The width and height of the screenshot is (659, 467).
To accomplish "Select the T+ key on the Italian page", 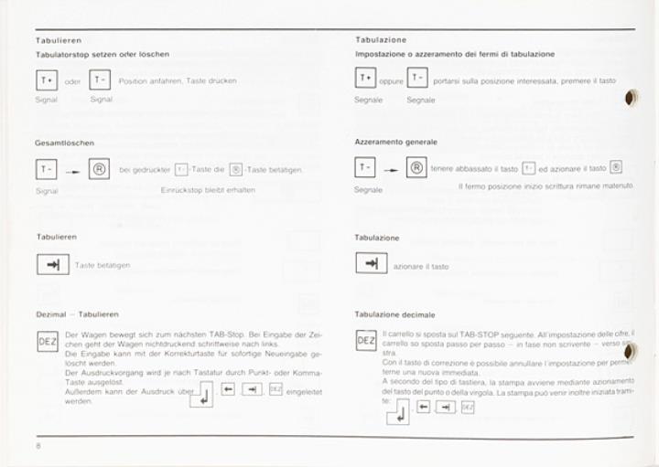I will coord(366,79).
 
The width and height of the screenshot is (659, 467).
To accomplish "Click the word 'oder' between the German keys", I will coord(73,81).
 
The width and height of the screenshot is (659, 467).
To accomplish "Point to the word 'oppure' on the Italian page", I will coord(392,81).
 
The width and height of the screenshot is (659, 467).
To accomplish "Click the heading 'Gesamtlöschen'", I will coord(64,143).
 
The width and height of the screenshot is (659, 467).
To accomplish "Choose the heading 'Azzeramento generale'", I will coord(395,142).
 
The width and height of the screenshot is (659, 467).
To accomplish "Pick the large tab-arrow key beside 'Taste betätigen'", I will coord(52,264).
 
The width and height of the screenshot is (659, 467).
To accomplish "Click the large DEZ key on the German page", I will coord(47,342).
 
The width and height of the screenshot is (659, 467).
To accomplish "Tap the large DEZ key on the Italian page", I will coord(365,341).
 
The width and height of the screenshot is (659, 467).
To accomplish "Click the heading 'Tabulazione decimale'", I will coord(394,314).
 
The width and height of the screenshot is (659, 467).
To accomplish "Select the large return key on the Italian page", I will coord(398,412).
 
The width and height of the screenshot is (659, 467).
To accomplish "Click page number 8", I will coord(38,444).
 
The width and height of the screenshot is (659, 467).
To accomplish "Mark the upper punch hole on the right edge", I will coord(632,100).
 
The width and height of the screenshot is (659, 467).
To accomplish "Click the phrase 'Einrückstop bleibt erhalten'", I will coord(208,190).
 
